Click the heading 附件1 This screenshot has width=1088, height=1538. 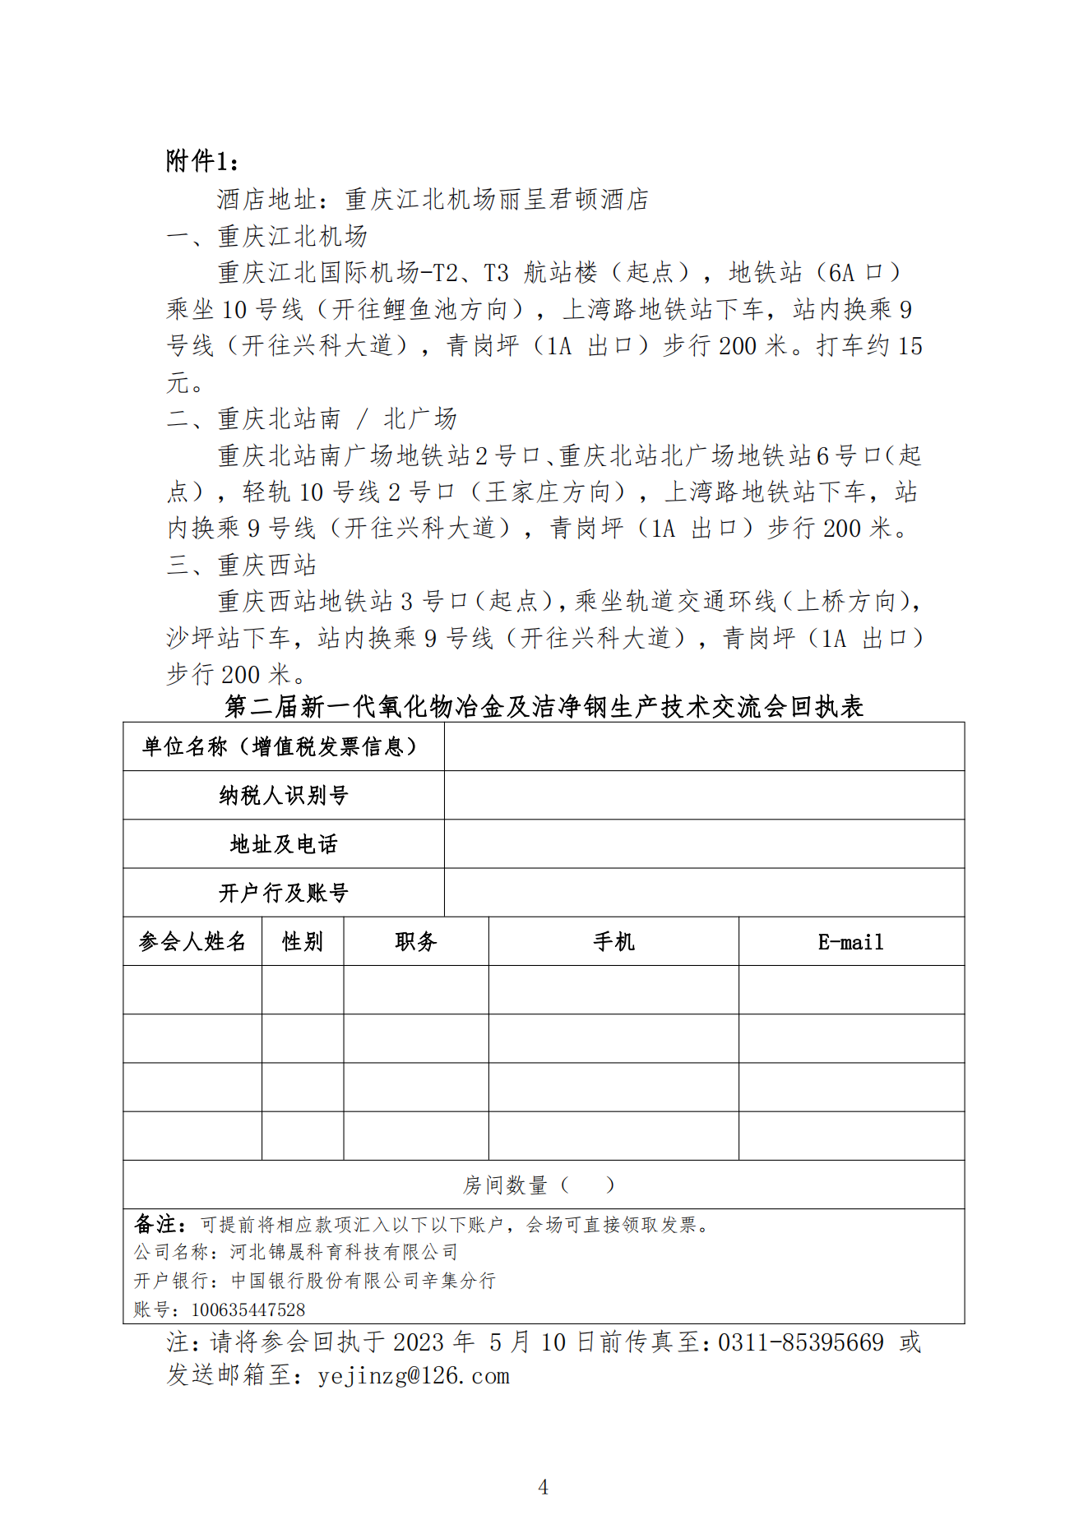[x=202, y=161]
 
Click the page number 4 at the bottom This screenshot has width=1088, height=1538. [x=543, y=1486]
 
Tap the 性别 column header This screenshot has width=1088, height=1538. [x=303, y=941]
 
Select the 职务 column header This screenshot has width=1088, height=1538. [x=416, y=941]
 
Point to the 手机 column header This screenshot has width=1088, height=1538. [x=613, y=941]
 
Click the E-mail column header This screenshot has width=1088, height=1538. [x=851, y=942]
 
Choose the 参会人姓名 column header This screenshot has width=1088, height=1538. [x=192, y=941]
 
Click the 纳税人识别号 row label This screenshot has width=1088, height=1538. [x=284, y=795]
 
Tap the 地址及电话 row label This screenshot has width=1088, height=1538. [x=284, y=844]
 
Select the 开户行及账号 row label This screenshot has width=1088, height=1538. [x=284, y=893]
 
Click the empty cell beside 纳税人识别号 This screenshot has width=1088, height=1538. [x=704, y=795]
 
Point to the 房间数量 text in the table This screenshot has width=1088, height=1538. [x=505, y=1185]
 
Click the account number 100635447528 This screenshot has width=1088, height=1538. [x=248, y=1309]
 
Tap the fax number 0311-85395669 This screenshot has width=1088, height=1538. [x=801, y=1342]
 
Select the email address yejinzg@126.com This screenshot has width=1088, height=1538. [x=414, y=1375]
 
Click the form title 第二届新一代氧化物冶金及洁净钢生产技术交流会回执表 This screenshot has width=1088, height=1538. [x=544, y=706]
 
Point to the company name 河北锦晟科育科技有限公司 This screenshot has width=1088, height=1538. [x=344, y=1252]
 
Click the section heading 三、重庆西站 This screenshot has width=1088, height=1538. [x=242, y=565]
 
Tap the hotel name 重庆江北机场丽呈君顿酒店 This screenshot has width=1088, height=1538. [x=497, y=199]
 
